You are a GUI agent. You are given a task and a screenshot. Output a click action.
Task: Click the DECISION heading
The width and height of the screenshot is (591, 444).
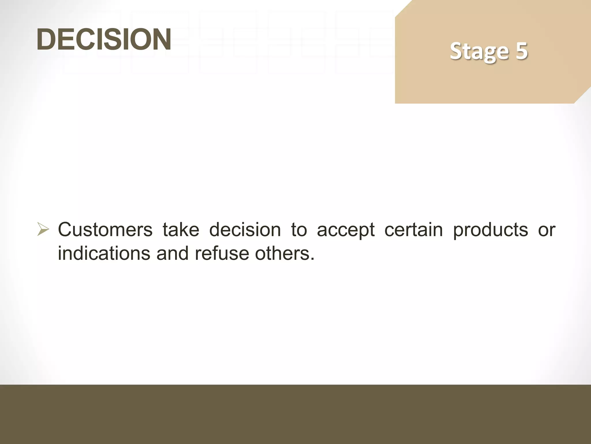(x=104, y=39)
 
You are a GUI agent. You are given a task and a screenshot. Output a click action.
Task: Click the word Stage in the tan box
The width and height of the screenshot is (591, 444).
(x=479, y=51)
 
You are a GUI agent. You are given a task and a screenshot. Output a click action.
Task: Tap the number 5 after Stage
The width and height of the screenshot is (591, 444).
(x=522, y=51)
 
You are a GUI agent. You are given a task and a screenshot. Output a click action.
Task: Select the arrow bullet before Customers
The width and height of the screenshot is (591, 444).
(x=43, y=230)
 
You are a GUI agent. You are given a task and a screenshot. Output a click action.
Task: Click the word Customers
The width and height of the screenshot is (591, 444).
(x=105, y=230)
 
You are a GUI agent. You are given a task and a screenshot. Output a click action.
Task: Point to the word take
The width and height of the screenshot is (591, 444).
(x=181, y=230)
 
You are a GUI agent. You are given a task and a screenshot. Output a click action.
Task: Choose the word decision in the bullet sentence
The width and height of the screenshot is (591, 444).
(x=245, y=230)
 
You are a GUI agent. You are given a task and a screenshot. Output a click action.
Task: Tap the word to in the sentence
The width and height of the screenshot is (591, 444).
(x=299, y=230)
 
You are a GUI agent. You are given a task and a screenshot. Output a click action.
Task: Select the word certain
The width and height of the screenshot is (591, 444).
(x=414, y=230)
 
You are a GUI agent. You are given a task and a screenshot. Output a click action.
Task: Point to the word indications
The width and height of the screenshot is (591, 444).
(x=104, y=253)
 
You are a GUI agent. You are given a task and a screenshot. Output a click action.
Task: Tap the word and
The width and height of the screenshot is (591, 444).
(x=173, y=253)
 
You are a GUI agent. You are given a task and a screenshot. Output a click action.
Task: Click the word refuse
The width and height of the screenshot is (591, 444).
(x=222, y=253)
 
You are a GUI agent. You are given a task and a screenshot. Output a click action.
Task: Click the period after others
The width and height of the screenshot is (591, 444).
(x=312, y=259)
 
